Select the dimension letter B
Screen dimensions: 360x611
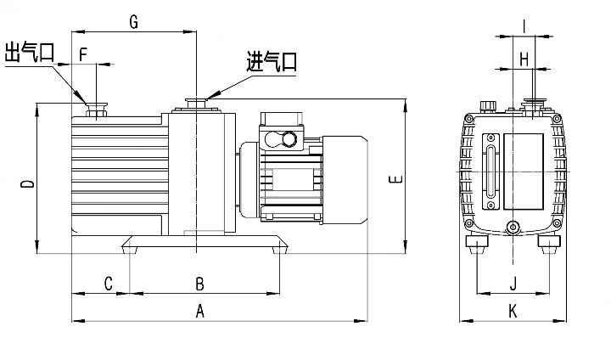click(200, 282)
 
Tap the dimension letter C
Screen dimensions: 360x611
click(108, 282)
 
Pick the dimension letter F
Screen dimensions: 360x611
click(83, 53)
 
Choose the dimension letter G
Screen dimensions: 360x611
click(133, 22)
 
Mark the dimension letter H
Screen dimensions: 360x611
click(524, 59)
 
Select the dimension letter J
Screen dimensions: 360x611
click(513, 282)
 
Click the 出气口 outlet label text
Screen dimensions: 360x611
click(30, 53)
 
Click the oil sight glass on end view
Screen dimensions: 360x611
click(490, 172)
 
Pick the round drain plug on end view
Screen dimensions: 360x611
click(512, 226)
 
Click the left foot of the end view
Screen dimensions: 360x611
click(478, 245)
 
